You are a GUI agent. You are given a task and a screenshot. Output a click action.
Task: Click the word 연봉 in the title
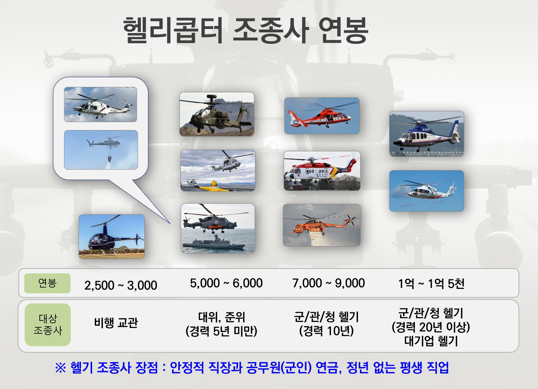click(x=344, y=30)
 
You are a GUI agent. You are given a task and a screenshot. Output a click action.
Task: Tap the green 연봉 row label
click(x=47, y=283)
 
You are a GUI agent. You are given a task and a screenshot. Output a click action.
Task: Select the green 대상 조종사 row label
click(x=48, y=324)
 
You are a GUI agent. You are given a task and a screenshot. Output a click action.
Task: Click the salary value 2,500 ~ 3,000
click(x=120, y=285)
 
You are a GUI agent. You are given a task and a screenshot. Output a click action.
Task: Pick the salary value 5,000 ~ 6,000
click(x=226, y=283)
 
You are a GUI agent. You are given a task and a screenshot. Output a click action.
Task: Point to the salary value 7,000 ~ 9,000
click(x=329, y=283)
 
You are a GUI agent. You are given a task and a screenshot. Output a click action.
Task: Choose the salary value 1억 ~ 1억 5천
click(x=431, y=283)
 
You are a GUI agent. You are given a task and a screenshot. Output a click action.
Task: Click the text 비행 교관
click(x=116, y=323)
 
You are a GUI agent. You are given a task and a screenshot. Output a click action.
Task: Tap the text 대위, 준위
click(x=222, y=317)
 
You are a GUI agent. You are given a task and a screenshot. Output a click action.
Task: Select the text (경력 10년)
click(x=327, y=331)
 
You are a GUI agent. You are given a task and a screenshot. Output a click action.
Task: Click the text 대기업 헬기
click(x=431, y=341)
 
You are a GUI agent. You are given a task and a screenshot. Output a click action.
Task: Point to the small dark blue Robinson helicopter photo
click(x=112, y=237)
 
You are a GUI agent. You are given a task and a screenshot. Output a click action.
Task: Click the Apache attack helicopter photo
click(x=217, y=114)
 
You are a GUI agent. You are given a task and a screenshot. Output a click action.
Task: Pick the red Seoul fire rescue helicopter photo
click(x=322, y=116)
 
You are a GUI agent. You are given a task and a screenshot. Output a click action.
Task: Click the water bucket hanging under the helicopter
click(x=110, y=159)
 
